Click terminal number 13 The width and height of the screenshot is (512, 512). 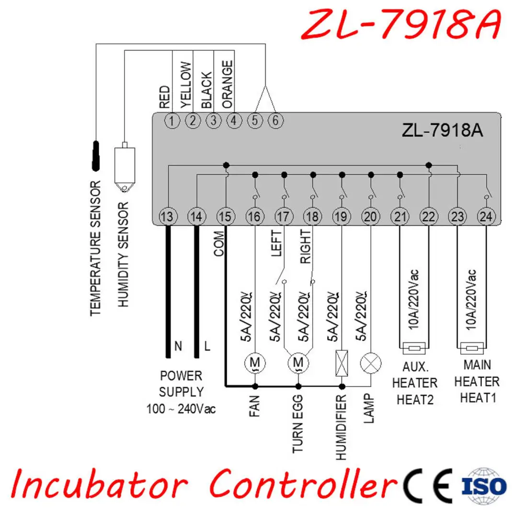point(168,216)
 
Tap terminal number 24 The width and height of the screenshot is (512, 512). point(486,216)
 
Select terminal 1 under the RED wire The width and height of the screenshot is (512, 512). point(172,121)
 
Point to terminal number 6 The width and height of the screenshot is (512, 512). point(275,121)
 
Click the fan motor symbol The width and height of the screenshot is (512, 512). point(255,363)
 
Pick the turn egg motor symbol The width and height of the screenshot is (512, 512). point(298,363)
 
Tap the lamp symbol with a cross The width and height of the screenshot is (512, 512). point(371,363)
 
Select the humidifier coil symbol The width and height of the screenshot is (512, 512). point(342,363)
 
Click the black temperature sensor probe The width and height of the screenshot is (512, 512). point(96,156)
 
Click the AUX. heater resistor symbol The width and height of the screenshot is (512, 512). point(414,348)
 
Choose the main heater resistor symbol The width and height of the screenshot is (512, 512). point(471,348)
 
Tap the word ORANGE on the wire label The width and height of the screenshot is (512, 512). point(228,84)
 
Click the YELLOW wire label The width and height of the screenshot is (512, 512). point(186,85)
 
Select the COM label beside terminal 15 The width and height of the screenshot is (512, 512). point(219,244)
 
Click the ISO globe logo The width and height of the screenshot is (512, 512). point(484,486)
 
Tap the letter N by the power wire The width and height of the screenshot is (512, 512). point(178,346)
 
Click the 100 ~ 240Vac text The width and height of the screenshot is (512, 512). point(181,409)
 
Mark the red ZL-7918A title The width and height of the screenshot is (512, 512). point(401,24)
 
